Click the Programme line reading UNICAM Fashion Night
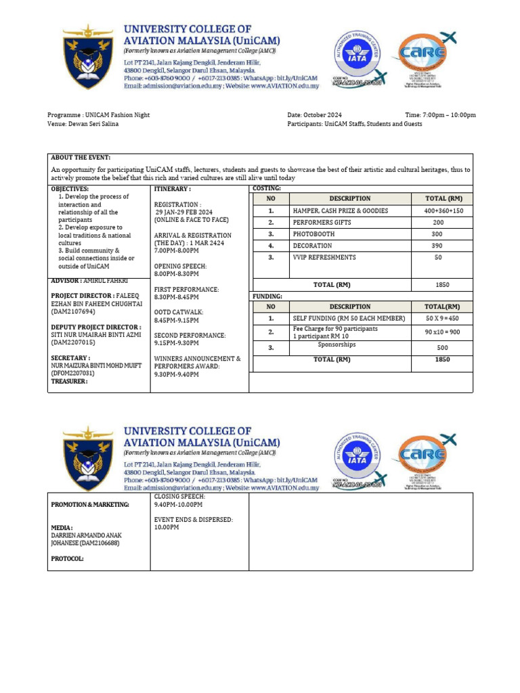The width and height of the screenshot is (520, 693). click(x=98, y=115)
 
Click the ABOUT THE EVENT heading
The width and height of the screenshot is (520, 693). click(x=81, y=157)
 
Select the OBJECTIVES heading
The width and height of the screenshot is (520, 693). click(x=70, y=189)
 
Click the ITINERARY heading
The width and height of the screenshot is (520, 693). click(x=173, y=189)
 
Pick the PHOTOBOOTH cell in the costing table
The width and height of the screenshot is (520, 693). click(x=313, y=233)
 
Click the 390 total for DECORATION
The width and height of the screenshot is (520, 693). click(x=438, y=246)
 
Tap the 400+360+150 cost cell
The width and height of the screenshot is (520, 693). click(x=438, y=210)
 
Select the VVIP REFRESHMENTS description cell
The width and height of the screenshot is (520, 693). click(x=324, y=257)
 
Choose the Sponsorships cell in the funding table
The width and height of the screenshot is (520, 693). click(x=337, y=344)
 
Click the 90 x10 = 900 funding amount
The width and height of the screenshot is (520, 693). click(x=442, y=332)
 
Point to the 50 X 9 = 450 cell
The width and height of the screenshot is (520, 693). click(x=442, y=318)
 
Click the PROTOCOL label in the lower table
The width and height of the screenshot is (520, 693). click(x=68, y=558)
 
